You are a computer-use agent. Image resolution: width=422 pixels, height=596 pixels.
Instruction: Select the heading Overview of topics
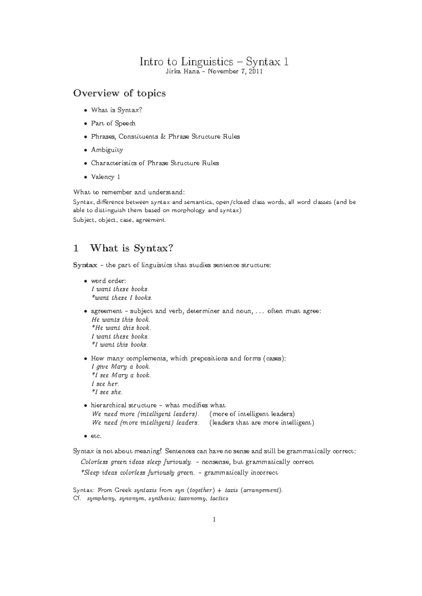coord(119,93)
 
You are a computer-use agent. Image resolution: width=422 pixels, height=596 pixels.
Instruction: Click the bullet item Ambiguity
coord(107,150)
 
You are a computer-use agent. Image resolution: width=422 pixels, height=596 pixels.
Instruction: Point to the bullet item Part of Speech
coord(113,123)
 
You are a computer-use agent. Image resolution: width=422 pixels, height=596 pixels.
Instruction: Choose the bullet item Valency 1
coord(105,177)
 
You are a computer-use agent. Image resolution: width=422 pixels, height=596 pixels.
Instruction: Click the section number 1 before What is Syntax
coord(76,248)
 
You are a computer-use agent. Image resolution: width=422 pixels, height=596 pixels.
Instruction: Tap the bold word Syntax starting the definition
coord(85,265)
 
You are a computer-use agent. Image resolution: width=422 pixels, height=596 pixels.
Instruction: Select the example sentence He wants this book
coord(121,320)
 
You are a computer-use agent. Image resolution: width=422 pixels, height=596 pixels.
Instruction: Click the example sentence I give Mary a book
coord(121,367)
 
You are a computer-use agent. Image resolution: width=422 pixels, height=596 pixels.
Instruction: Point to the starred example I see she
coord(107,392)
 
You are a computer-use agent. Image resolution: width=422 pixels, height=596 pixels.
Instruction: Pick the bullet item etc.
coord(96,436)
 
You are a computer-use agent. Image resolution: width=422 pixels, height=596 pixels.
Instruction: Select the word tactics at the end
coord(219,498)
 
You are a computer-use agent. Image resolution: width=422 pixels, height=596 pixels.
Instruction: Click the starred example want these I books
coord(122,298)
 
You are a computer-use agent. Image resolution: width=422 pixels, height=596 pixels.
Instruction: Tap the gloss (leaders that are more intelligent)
coord(262,423)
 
